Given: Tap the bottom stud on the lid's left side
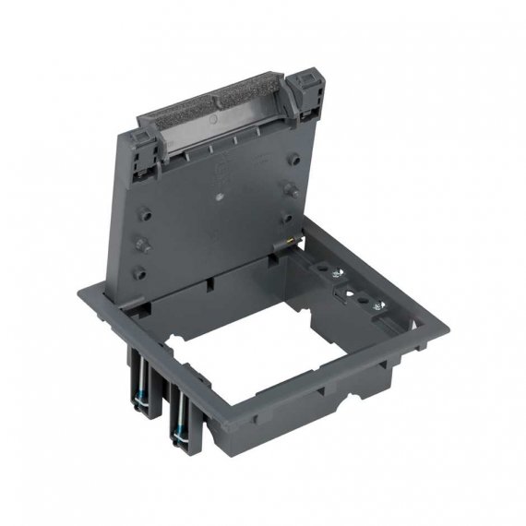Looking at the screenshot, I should (x=139, y=274).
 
